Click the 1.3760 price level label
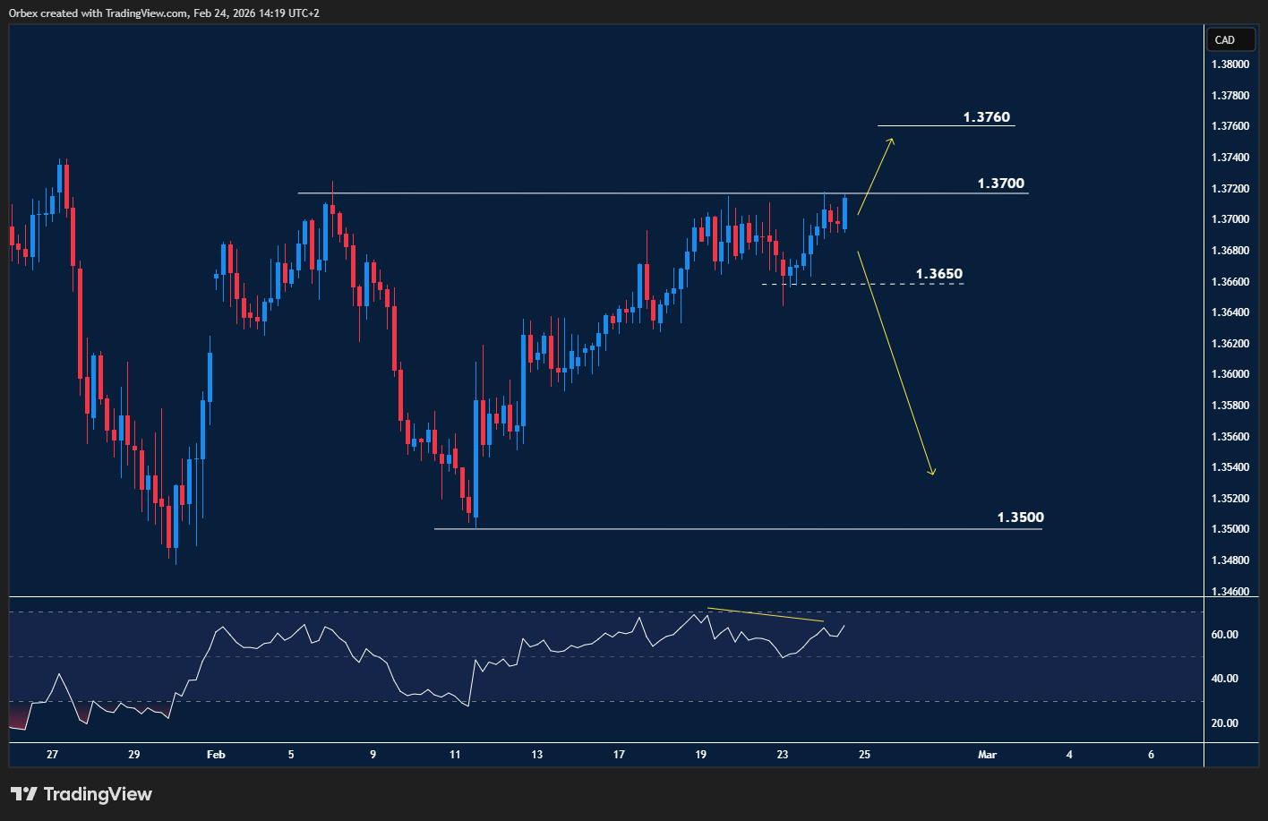[x=986, y=117]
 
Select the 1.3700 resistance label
[x=1000, y=184]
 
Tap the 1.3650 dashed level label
[x=938, y=274]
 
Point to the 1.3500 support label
[x=1020, y=517]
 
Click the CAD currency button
[x=1224, y=39]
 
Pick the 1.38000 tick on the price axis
[x=1230, y=64]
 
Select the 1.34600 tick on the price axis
[x=1230, y=591]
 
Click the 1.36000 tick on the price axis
[x=1230, y=374]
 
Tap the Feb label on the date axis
[x=216, y=755]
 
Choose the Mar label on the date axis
[x=987, y=755]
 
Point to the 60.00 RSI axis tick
[x=1225, y=635]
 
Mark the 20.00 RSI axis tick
[x=1225, y=723]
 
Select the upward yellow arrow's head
[x=891, y=141]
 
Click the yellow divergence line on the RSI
[x=765, y=615]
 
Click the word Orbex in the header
[x=24, y=13]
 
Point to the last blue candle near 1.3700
[x=844, y=213]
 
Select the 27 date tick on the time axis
[x=53, y=755]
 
